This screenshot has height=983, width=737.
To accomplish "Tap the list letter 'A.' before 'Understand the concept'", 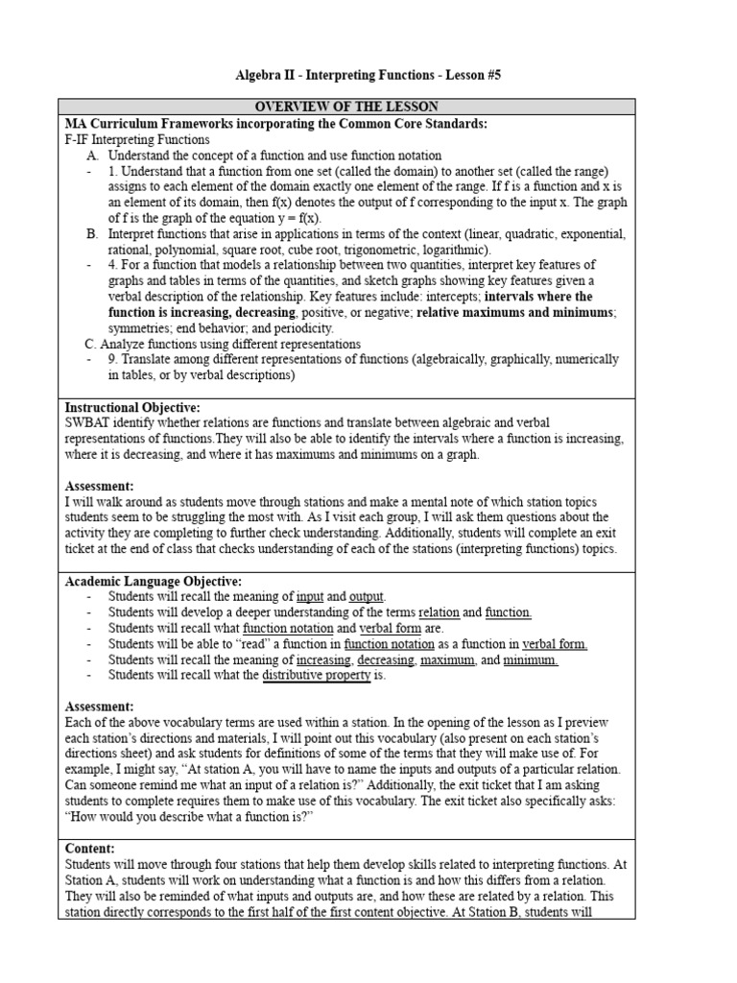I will (x=92, y=155).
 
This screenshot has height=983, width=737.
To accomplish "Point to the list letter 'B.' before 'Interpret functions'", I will (x=92, y=233).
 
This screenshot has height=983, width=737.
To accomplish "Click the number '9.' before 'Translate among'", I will (x=114, y=359).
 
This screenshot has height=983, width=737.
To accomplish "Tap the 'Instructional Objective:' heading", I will (x=132, y=408).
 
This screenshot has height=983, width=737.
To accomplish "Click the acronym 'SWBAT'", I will (x=88, y=423).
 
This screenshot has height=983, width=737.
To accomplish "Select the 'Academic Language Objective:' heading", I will (x=153, y=581).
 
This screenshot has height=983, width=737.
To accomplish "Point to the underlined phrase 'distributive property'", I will (x=317, y=675).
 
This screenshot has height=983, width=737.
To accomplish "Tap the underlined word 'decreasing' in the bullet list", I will (x=384, y=659).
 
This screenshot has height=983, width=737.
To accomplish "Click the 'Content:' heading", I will (x=89, y=848).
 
